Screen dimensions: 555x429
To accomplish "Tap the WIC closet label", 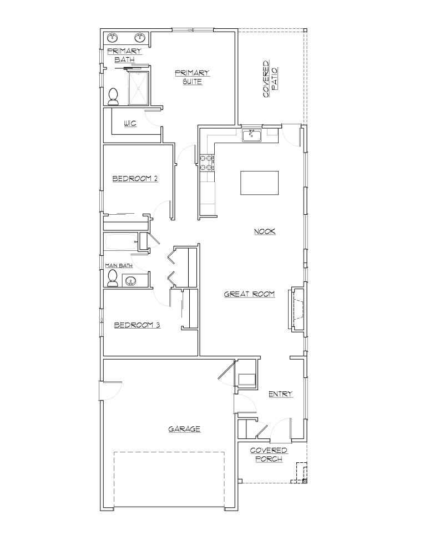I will (x=130, y=123).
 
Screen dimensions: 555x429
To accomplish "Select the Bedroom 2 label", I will (x=135, y=179).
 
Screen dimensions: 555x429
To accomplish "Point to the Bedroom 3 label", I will (x=137, y=325).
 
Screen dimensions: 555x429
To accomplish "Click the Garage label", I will (x=184, y=429).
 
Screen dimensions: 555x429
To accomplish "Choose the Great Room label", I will (x=249, y=294).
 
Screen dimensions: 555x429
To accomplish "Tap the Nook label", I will (x=265, y=231).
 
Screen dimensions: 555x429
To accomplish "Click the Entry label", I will (x=280, y=394).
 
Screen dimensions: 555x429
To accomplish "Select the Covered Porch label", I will (x=269, y=455).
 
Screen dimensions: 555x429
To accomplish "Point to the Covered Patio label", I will (x=270, y=79).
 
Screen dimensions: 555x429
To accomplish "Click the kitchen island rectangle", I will (x=259, y=183).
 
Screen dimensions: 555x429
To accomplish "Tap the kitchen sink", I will (x=253, y=134).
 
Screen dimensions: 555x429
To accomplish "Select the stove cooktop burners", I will (x=207, y=162).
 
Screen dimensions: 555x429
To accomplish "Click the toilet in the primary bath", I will (x=114, y=97).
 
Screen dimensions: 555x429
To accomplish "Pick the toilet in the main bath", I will (x=113, y=279).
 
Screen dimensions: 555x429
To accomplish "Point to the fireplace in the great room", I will (x=296, y=310).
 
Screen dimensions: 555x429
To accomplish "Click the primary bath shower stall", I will (x=140, y=88).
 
